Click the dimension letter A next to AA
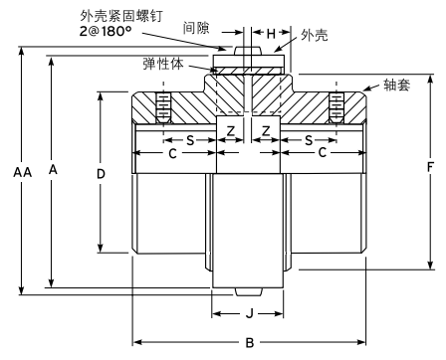(x=53, y=171)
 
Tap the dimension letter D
(x=101, y=173)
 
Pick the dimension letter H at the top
(x=271, y=34)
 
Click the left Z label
(x=230, y=131)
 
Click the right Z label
(x=266, y=131)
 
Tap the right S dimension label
(x=310, y=138)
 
